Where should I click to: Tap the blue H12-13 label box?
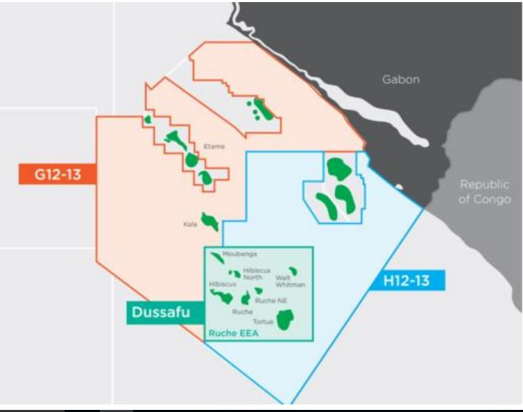[x=412, y=281]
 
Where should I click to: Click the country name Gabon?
[x=401, y=80]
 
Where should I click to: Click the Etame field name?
[x=214, y=146]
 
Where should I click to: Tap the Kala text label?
[x=191, y=224]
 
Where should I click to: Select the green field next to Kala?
[x=210, y=222]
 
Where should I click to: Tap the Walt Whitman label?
[x=289, y=281]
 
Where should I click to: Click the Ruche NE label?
[x=270, y=300]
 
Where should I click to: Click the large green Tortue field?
[x=284, y=320]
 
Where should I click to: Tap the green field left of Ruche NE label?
[x=246, y=299]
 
